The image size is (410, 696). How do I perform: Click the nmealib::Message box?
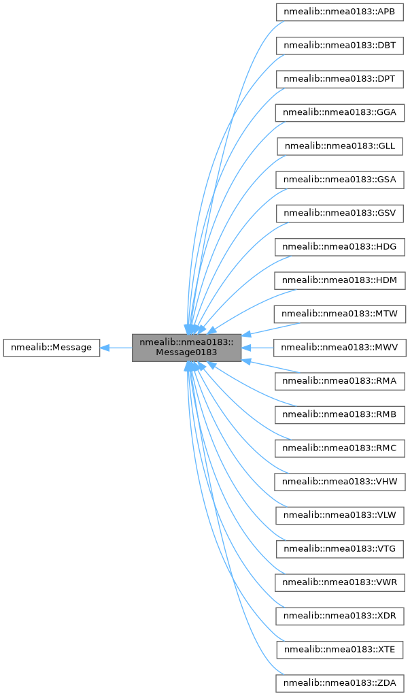pyautogui.click(x=52, y=347)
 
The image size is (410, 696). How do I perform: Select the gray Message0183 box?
pyautogui.click(x=186, y=348)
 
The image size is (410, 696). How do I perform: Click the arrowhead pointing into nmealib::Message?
pyautogui.click(x=105, y=348)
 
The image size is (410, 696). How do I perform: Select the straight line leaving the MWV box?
pyautogui.click(x=262, y=348)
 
